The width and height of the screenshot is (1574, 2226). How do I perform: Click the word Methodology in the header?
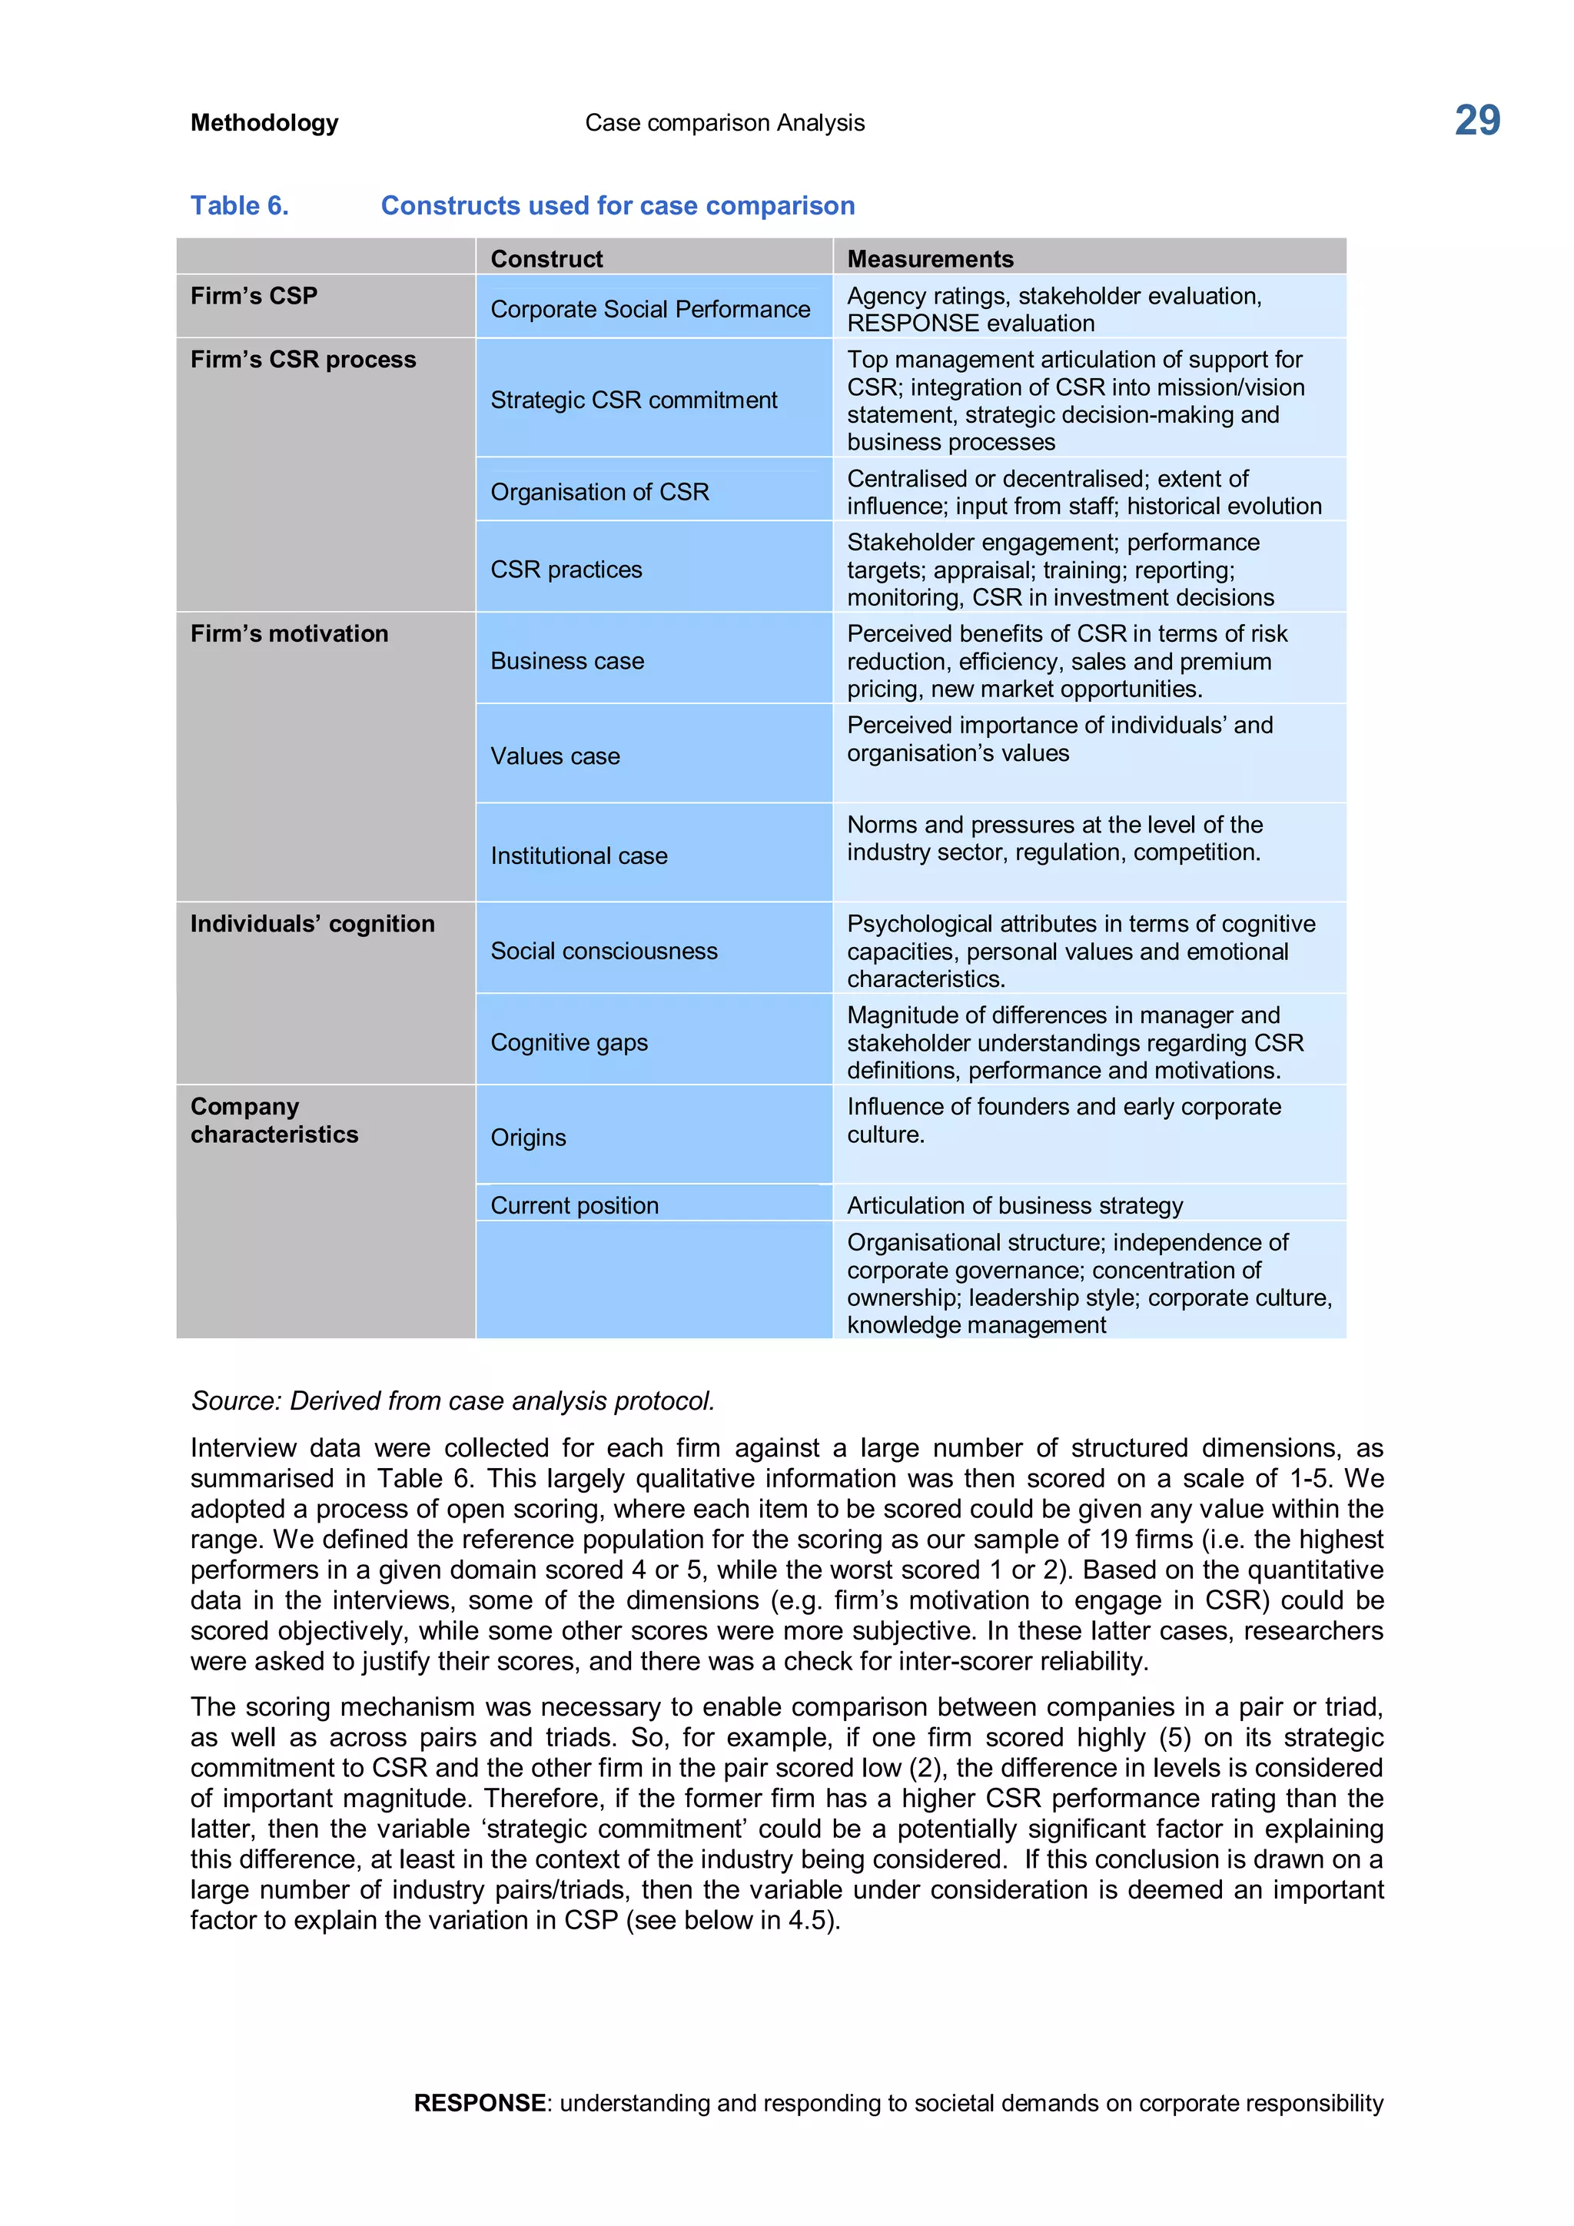tap(264, 123)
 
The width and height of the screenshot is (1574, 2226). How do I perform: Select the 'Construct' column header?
tap(546, 259)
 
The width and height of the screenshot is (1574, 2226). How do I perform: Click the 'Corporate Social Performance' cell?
tap(649, 309)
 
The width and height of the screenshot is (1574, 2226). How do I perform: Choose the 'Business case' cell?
tap(567, 660)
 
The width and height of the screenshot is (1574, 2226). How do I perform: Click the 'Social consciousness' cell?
tap(604, 950)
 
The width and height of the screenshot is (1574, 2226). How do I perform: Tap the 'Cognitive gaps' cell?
tap(569, 1042)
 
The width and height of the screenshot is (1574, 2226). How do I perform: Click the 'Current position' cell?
tap(574, 1205)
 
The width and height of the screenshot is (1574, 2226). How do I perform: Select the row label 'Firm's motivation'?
tap(289, 633)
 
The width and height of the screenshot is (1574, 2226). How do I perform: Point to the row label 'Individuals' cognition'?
tap(312, 923)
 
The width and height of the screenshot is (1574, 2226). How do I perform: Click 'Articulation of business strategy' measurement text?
tap(1014, 1205)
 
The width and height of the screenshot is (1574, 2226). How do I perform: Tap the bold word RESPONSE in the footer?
tap(479, 2102)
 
